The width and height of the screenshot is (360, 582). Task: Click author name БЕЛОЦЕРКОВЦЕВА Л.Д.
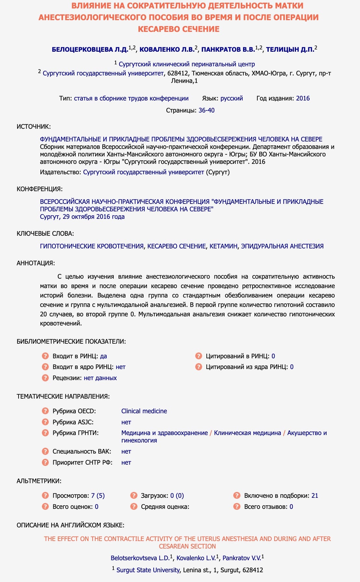click(x=90, y=50)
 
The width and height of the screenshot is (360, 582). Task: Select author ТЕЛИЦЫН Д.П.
click(x=290, y=50)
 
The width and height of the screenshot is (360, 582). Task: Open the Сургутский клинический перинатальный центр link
click(x=186, y=64)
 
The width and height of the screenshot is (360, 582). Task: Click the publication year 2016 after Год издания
click(x=303, y=98)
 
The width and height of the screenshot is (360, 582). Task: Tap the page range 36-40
click(x=206, y=110)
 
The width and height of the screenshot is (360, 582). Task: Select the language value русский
click(x=231, y=98)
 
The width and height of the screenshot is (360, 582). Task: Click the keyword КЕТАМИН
click(x=223, y=246)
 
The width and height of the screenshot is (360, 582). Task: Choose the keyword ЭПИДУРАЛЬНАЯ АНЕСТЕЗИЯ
click(x=282, y=246)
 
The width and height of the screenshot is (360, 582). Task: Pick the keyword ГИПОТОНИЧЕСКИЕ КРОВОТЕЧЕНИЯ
click(x=92, y=246)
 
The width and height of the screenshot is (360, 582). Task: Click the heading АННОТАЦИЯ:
click(x=36, y=263)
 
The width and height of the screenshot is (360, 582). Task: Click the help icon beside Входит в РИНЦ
click(x=45, y=356)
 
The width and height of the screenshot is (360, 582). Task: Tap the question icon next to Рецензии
click(x=45, y=378)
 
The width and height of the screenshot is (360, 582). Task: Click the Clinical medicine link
click(x=144, y=411)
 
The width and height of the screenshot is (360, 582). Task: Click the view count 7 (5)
click(x=98, y=496)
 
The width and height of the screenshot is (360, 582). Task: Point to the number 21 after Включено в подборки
click(x=315, y=496)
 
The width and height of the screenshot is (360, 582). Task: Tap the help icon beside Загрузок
click(x=134, y=496)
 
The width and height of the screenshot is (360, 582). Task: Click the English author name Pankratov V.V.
click(x=241, y=558)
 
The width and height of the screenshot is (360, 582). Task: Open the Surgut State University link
click(x=148, y=570)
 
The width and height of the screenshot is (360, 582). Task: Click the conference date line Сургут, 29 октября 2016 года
click(x=82, y=217)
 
